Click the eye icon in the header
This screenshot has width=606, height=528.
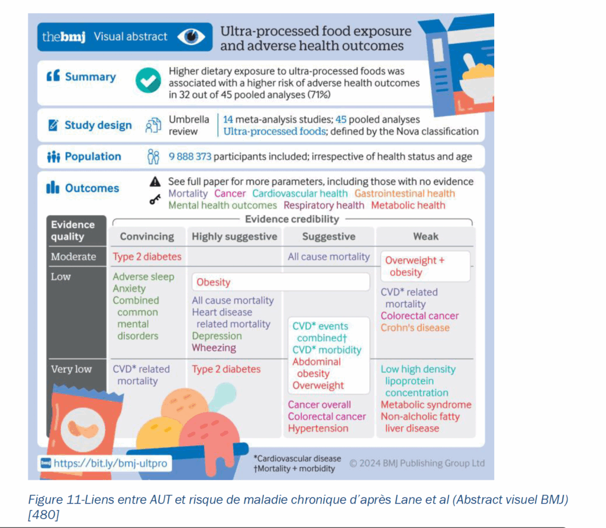click(x=191, y=37)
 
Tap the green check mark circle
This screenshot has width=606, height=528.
click(x=148, y=79)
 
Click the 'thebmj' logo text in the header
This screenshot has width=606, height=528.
click(x=64, y=37)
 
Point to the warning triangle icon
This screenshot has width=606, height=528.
click(x=155, y=182)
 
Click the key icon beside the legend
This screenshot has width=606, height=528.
click(x=155, y=200)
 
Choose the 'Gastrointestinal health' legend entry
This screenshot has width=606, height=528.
click(x=405, y=193)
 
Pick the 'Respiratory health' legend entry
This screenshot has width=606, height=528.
click(x=324, y=206)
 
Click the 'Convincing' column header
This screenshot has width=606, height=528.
click(x=147, y=236)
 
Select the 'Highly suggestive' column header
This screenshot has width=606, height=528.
click(x=234, y=236)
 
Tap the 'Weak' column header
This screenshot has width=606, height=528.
click(x=426, y=236)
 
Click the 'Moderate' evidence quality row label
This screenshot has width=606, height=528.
click(x=73, y=257)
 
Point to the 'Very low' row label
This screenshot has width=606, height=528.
click(x=71, y=369)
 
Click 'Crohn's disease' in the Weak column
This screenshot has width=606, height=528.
click(x=415, y=328)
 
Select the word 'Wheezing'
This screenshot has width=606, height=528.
click(x=214, y=348)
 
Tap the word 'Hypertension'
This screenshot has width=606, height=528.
click(x=318, y=428)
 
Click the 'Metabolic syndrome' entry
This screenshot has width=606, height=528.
click(x=426, y=405)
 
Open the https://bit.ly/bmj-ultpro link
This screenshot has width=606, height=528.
click(x=105, y=463)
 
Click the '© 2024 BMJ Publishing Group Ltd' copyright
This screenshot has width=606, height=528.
click(x=417, y=463)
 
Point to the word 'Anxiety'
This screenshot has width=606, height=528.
click(x=129, y=289)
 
